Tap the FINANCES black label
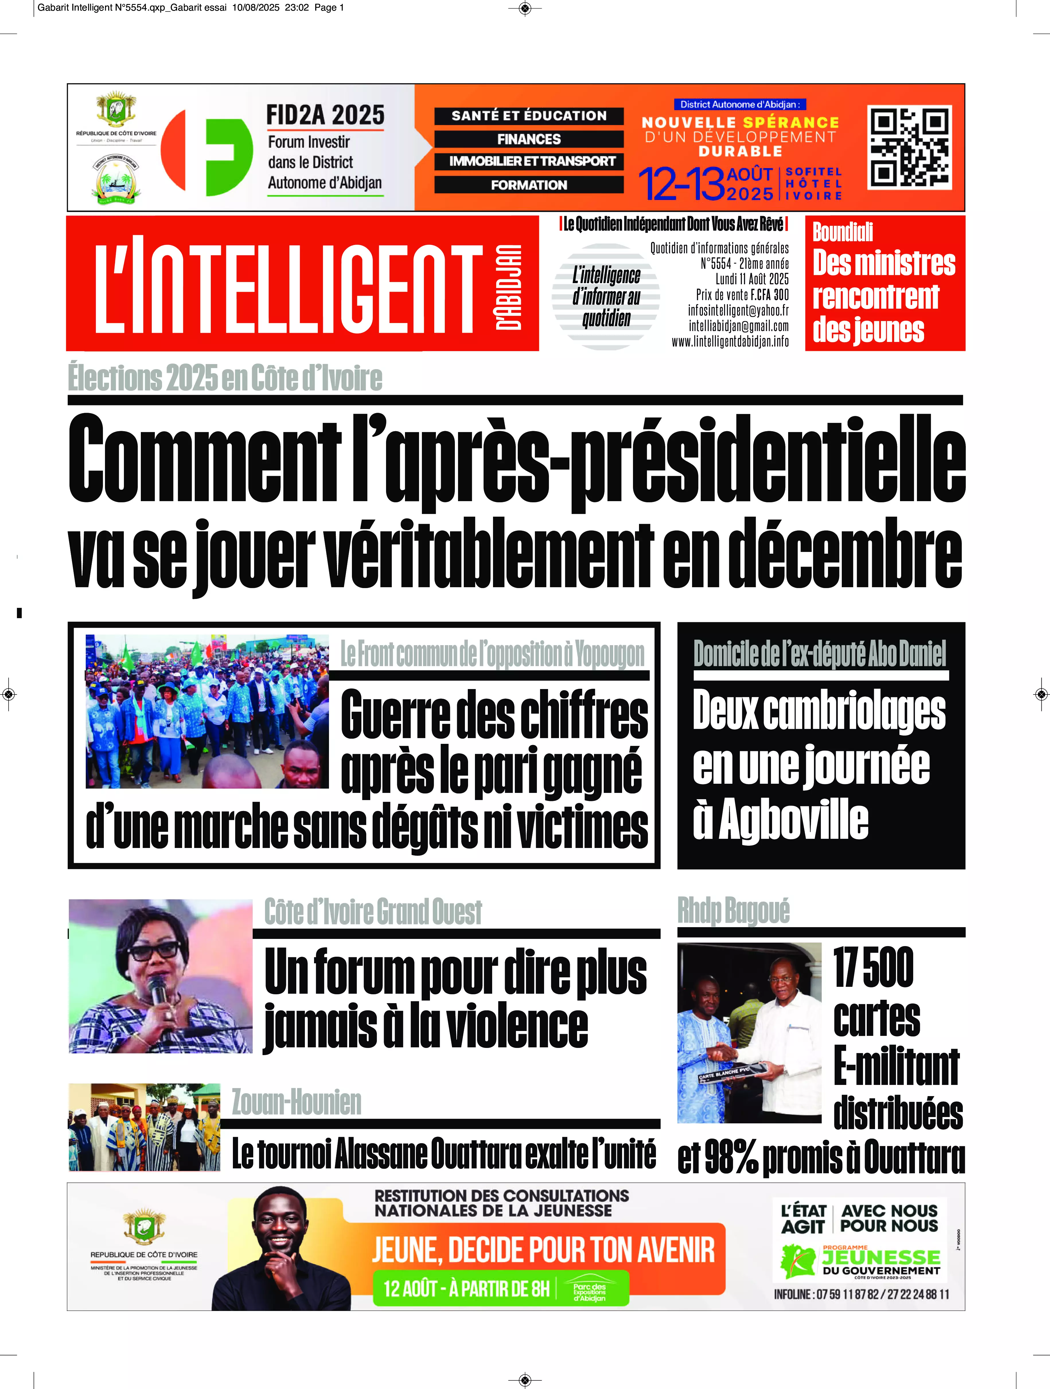point(529,139)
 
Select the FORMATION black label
point(529,185)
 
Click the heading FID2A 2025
point(325,115)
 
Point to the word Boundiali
point(843,232)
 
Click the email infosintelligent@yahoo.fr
point(738,310)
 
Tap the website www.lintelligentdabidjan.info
point(730,342)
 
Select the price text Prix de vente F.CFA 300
point(742,295)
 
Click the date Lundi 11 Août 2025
point(752,279)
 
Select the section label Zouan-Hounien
point(296,1102)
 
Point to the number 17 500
point(873,968)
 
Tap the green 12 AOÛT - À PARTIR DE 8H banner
point(500,1289)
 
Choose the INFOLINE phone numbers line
point(861,1294)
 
